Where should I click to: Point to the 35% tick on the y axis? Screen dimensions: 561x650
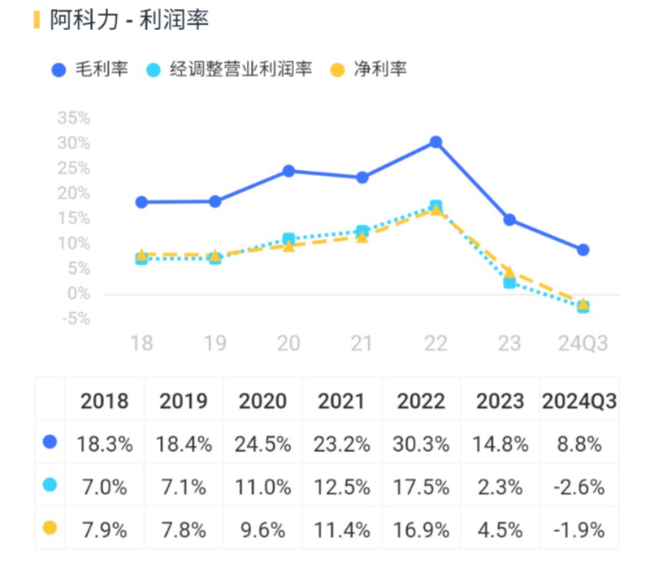(73, 119)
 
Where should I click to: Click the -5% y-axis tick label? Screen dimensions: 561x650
(73, 318)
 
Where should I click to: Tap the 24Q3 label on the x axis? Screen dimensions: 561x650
(583, 343)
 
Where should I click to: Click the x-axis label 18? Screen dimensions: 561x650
(141, 343)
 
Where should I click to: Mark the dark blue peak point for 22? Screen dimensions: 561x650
(436, 142)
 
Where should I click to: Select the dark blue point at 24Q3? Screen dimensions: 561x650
(583, 250)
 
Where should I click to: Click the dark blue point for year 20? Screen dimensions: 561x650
(288, 171)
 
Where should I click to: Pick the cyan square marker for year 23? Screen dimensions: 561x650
(509, 282)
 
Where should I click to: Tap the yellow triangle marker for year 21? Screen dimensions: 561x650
(362, 236)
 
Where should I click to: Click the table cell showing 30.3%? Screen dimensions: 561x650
(421, 444)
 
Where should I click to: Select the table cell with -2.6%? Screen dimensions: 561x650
(579, 486)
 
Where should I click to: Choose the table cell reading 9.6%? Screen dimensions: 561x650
(263, 529)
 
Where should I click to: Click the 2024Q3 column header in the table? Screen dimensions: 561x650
(579, 401)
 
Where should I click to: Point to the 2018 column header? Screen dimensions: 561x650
(105, 401)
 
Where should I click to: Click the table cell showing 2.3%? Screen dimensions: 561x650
(500, 486)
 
